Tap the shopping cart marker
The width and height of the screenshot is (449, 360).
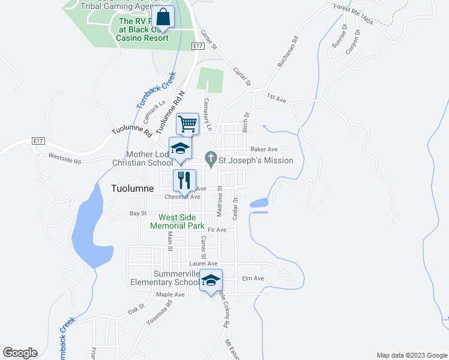click(x=187, y=124)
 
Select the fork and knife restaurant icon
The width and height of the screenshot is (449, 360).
click(x=184, y=179)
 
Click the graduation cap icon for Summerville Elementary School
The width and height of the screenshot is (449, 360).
click(x=211, y=280)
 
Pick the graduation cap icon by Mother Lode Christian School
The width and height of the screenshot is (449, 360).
click(x=180, y=149)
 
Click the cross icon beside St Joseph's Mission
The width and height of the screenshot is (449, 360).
click(x=210, y=160)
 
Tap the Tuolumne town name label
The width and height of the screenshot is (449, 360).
click(x=133, y=188)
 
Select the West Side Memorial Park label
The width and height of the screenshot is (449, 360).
click(x=181, y=221)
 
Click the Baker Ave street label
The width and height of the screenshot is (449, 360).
click(x=264, y=149)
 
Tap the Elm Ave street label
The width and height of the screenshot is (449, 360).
click(x=253, y=278)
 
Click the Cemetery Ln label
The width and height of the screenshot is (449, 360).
click(x=208, y=115)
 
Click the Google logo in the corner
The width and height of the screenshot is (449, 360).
click(x=20, y=353)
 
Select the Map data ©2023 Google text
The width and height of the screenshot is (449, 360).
click(x=412, y=355)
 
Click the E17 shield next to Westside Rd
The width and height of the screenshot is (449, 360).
click(x=38, y=140)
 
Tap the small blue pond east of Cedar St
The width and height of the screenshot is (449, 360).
click(x=259, y=203)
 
